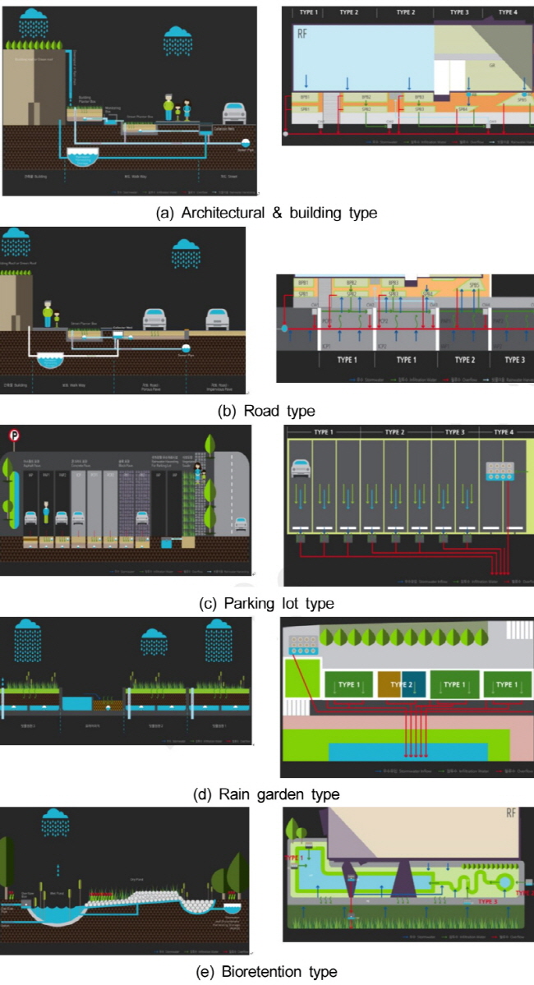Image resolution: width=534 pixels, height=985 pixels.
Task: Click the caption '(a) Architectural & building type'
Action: point(266,213)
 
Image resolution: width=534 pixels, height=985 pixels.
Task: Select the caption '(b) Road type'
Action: point(266,411)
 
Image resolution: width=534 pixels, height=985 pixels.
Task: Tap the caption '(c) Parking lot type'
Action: point(266,603)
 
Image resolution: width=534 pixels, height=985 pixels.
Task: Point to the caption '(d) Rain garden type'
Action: point(266,794)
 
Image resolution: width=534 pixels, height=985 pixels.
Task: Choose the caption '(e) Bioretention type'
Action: point(266,972)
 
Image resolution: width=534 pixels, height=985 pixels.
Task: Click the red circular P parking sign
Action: point(13,436)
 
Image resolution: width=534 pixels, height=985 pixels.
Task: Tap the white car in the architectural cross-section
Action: point(234,113)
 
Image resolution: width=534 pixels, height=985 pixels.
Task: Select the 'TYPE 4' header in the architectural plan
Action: point(508,13)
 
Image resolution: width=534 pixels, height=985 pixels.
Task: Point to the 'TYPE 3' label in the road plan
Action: point(514,360)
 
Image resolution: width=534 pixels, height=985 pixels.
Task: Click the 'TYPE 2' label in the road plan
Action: point(465,360)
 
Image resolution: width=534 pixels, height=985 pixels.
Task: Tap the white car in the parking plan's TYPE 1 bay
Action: point(302,469)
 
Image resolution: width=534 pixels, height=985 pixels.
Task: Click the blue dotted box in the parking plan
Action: point(499,471)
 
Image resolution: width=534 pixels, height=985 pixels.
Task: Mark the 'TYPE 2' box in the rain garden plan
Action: point(403,684)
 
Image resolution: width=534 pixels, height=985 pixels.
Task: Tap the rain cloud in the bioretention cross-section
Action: point(55,821)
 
